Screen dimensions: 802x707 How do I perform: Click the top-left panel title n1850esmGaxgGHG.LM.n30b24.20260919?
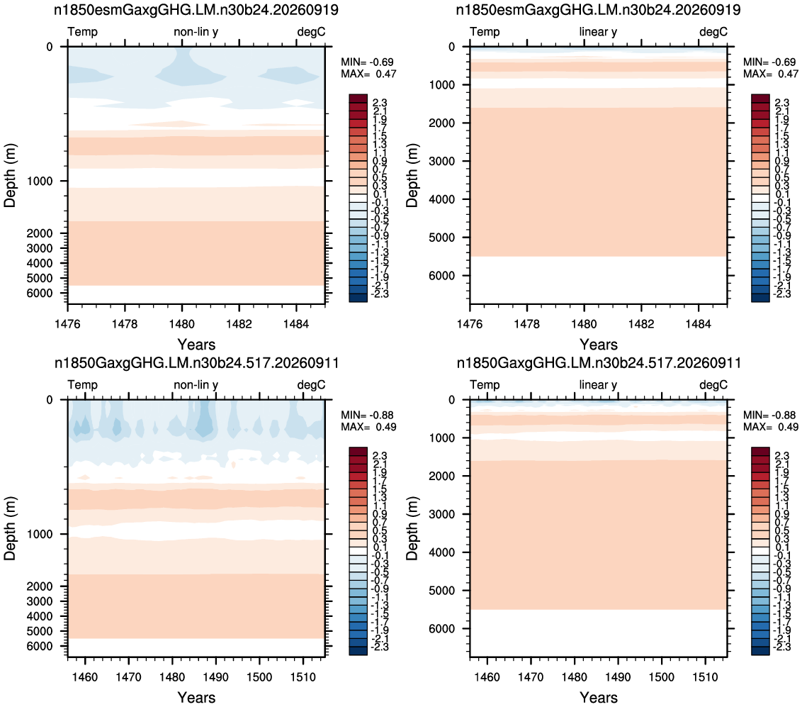click(x=196, y=10)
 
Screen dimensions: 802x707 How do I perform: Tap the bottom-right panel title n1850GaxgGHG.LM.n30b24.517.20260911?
click(x=599, y=363)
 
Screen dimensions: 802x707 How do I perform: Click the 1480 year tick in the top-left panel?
click(x=182, y=324)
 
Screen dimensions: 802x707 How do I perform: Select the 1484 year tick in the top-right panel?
click(x=698, y=324)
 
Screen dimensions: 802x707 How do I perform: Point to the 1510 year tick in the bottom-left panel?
click(x=303, y=677)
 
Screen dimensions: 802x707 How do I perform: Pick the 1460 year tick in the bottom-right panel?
click(x=487, y=677)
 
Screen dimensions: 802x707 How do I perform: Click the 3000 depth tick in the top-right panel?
click(x=442, y=161)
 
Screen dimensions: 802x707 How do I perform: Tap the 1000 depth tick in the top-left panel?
click(x=40, y=182)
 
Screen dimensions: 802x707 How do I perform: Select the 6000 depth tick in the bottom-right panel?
click(x=442, y=629)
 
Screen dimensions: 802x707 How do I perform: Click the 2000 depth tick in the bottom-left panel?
click(x=40, y=586)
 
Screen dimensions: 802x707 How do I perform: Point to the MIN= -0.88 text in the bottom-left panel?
click(x=367, y=415)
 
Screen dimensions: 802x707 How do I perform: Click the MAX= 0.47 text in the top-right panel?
click(x=770, y=74)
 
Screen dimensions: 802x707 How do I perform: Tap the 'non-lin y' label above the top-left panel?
click(x=196, y=32)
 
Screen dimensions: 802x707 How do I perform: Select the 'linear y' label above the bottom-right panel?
click(x=598, y=385)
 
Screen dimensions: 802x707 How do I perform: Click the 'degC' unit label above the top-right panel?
click(x=713, y=32)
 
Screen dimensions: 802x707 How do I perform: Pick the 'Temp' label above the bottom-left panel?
click(x=82, y=385)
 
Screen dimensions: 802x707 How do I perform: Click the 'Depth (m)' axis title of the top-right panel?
click(x=412, y=176)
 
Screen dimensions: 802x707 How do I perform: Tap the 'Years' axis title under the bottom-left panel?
click(x=196, y=697)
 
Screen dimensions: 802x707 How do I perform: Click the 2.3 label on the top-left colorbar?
click(x=380, y=104)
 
